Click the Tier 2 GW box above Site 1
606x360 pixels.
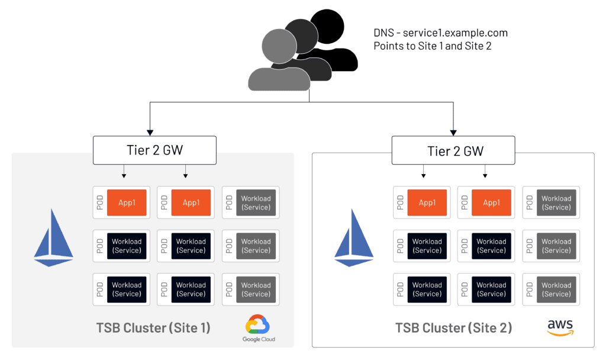click(x=154, y=150)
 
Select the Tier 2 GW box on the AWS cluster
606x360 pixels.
click(x=455, y=151)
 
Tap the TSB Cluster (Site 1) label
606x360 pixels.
click(x=153, y=327)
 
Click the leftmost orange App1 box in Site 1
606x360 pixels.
click(x=127, y=203)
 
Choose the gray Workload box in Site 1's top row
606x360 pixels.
click(x=256, y=203)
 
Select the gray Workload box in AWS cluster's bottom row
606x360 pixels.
click(x=556, y=290)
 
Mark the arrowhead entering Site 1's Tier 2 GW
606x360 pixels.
click(x=150, y=131)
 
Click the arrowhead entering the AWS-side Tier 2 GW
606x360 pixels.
click(x=454, y=131)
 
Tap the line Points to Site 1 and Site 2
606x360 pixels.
click(x=431, y=46)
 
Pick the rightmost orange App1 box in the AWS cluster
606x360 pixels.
click(x=491, y=203)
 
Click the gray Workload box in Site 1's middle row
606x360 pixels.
click(x=256, y=246)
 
